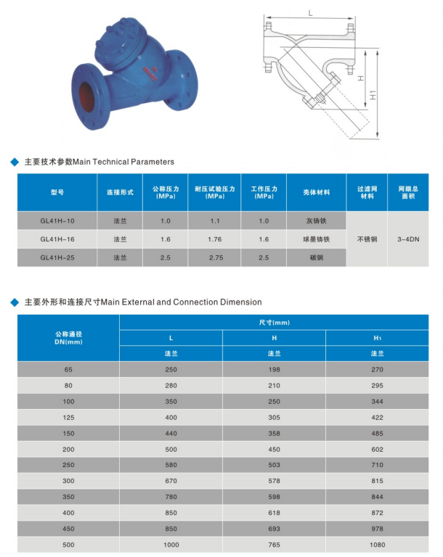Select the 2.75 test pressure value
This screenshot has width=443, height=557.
(214, 257)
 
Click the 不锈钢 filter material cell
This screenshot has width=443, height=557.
(367, 239)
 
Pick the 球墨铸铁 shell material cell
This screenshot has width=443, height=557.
(316, 239)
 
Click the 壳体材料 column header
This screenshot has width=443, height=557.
(316, 192)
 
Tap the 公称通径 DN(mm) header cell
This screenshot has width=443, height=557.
(68, 337)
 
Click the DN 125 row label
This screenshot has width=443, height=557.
(68, 417)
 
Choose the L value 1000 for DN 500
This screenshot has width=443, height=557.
(171, 545)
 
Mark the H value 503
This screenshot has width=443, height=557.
(274, 465)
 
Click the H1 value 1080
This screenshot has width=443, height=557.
(377, 545)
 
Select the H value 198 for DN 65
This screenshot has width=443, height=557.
(274, 369)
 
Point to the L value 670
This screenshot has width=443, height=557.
(171, 481)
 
